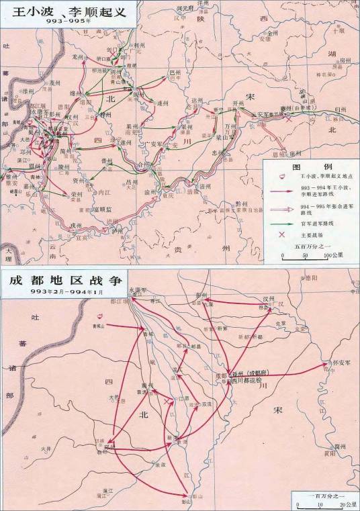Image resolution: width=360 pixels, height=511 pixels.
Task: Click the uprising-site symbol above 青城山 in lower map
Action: [x=101, y=315]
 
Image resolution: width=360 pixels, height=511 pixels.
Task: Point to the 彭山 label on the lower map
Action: [x=186, y=501]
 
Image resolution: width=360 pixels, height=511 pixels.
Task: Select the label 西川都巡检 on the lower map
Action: [x=255, y=380]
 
